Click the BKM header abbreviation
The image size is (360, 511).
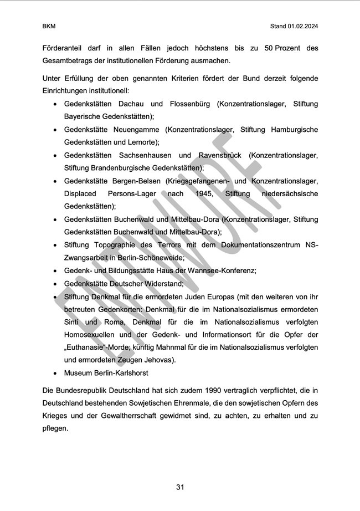[x=49, y=26]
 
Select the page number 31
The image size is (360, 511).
[x=180, y=487]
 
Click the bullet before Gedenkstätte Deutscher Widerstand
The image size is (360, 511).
[x=55, y=284]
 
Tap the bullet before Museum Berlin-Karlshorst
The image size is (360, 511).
[x=55, y=374]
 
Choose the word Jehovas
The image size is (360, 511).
[x=160, y=360]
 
